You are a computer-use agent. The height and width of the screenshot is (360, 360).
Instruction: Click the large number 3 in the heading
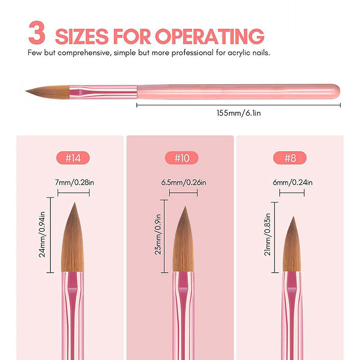pyautogui.click(x=37, y=32)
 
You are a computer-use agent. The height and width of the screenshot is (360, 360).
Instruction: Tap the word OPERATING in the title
pyautogui.click(x=210, y=36)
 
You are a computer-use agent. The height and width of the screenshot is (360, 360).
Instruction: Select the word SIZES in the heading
pyautogui.click(x=82, y=36)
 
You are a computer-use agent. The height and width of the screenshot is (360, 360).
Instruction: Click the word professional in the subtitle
pyautogui.click(x=193, y=53)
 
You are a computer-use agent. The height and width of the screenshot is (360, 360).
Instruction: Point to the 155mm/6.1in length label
pyautogui.click(x=239, y=113)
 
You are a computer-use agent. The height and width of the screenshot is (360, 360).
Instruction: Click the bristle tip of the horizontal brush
pyautogui.click(x=26, y=91)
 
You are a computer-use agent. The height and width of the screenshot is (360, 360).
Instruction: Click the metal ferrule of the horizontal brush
pyautogui.click(x=103, y=92)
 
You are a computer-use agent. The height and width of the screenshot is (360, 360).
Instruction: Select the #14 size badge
pyautogui.click(x=73, y=158)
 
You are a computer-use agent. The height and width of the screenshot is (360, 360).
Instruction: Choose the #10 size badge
pyautogui.click(x=182, y=158)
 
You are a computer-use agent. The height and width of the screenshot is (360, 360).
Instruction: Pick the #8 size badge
pyautogui.click(x=290, y=158)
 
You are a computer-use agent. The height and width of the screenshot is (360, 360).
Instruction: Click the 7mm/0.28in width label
pyautogui.click(x=74, y=183)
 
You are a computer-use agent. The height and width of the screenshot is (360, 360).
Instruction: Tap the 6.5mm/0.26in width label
pyautogui.click(x=184, y=183)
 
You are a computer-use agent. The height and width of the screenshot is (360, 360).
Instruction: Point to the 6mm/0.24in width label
pyautogui.click(x=292, y=183)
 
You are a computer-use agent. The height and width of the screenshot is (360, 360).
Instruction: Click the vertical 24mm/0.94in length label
pyautogui.click(x=42, y=234)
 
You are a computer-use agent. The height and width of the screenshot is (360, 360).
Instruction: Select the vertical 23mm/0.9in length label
pyautogui.click(x=158, y=234)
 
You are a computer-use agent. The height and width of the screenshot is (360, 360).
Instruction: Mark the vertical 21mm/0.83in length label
pyautogui.click(x=267, y=234)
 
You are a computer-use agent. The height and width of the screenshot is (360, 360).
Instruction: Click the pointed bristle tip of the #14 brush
pyautogui.click(x=74, y=203)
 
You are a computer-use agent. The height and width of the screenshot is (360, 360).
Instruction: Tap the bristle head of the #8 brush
pyautogui.click(x=292, y=244)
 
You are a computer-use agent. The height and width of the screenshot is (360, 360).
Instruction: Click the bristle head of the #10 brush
pyautogui.click(x=184, y=239)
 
